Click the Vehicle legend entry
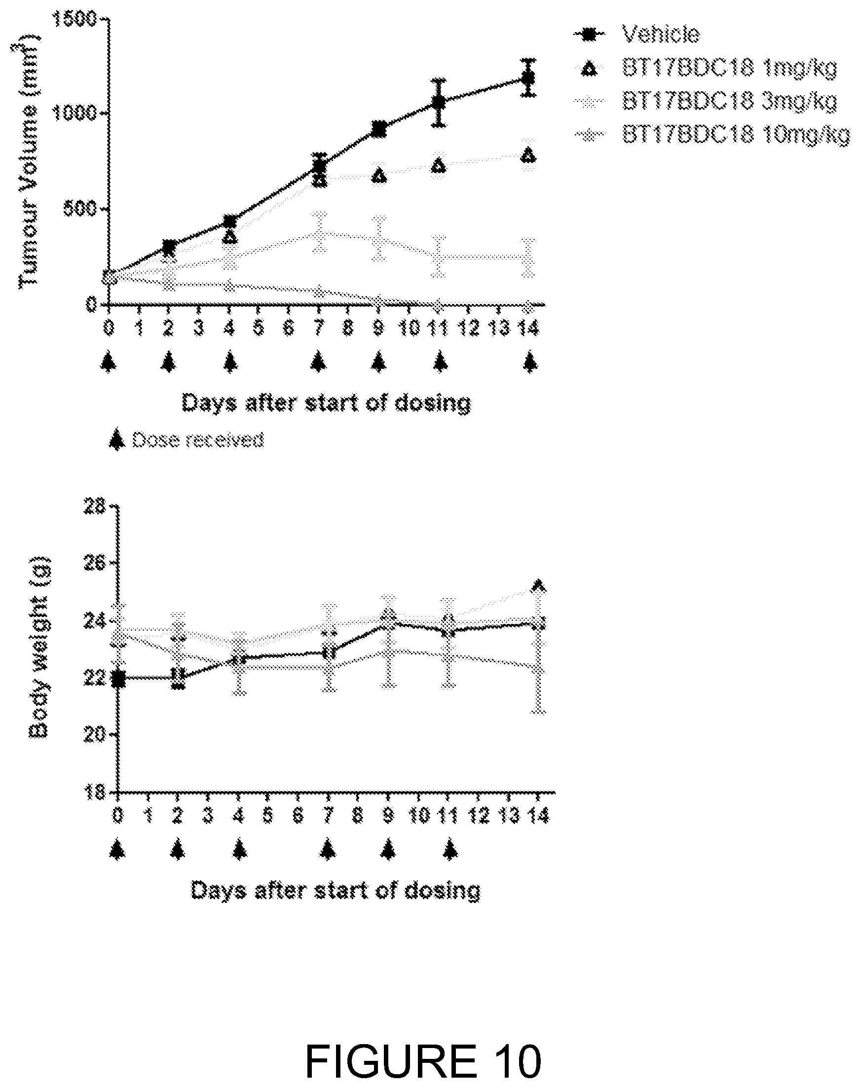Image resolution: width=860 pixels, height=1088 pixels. pos(636,34)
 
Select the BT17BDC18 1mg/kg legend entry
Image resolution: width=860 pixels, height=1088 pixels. pos(705,68)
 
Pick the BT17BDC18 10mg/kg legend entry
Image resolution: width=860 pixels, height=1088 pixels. pos(711,134)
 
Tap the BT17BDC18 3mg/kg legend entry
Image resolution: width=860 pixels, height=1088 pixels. pos(705,101)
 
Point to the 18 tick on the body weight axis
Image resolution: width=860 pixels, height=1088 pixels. pos(95,793)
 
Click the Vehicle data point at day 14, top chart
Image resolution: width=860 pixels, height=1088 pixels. pos(528,78)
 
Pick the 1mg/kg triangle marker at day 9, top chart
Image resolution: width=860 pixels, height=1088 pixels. pos(379,176)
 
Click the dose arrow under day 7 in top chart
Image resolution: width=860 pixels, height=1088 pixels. pos(318,362)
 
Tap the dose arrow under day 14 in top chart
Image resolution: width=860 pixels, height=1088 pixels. pos(529,362)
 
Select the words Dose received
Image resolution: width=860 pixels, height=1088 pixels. pos(197,440)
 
